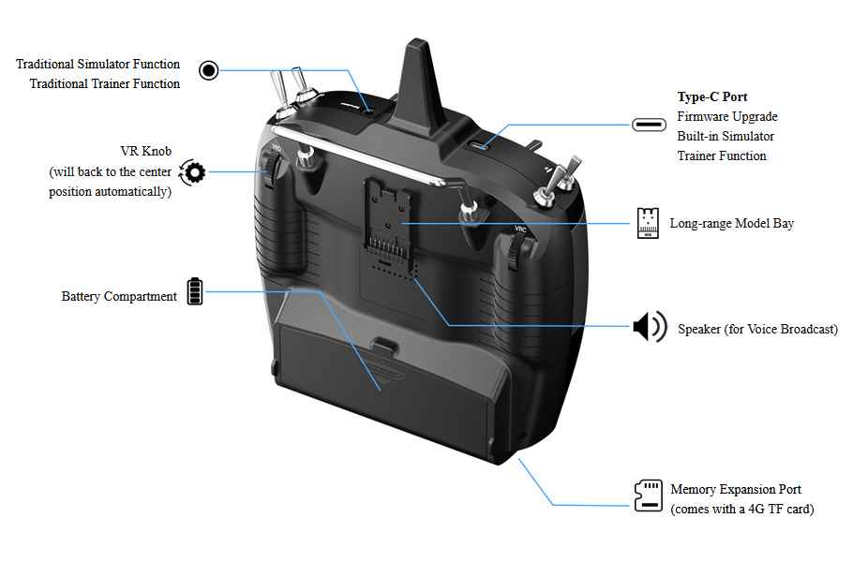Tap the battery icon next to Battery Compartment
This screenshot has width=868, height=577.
pyautogui.click(x=194, y=291)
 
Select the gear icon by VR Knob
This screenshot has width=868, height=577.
pyautogui.click(x=193, y=171)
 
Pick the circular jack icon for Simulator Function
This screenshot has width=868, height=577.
pyautogui.click(x=209, y=70)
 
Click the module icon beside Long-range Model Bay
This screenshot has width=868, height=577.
pyautogui.click(x=647, y=223)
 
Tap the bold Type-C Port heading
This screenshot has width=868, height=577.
pyautogui.click(x=712, y=97)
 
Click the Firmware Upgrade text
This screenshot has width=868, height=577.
pyautogui.click(x=727, y=117)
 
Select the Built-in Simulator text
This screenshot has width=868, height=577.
pyautogui.click(x=726, y=137)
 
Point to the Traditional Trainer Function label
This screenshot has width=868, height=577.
pyautogui.click(x=105, y=84)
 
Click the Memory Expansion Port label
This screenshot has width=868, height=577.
pyautogui.click(x=736, y=490)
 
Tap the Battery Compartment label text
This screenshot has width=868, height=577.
pyautogui.click(x=119, y=297)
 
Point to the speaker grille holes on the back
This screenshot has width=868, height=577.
pyautogui.click(x=391, y=269)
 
